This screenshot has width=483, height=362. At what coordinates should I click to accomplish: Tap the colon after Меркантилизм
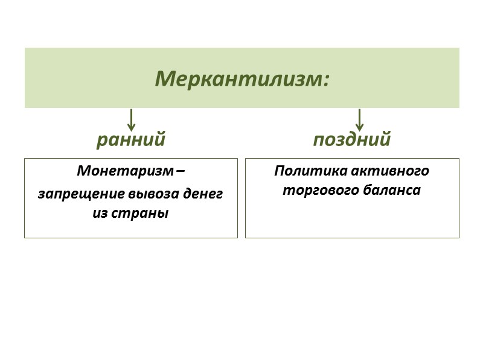tap(327, 80)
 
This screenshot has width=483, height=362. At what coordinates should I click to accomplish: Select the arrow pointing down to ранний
tap(131, 119)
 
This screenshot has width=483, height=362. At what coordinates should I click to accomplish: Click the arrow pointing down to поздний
tap(359, 119)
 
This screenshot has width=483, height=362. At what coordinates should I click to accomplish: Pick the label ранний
tap(131, 140)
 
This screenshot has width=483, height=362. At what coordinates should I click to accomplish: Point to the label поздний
tap(352, 140)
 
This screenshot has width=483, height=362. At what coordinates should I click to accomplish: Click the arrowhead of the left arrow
tap(131, 127)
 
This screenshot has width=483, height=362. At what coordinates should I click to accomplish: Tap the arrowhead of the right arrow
tap(359, 127)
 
